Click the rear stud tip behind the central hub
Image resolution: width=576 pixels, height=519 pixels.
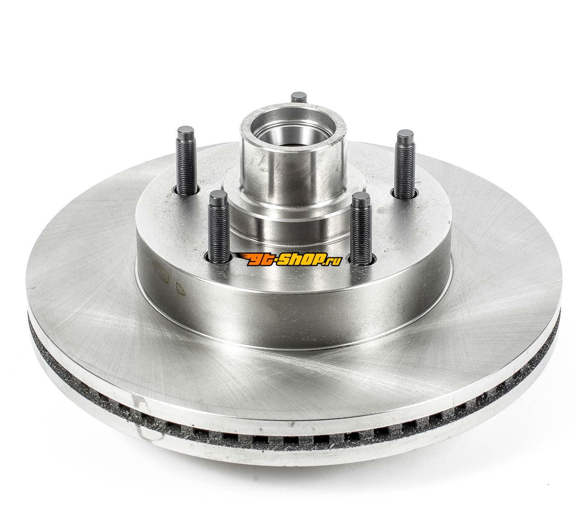click(x=299, y=97)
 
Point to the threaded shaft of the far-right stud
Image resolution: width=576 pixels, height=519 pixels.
click(x=405, y=170)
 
